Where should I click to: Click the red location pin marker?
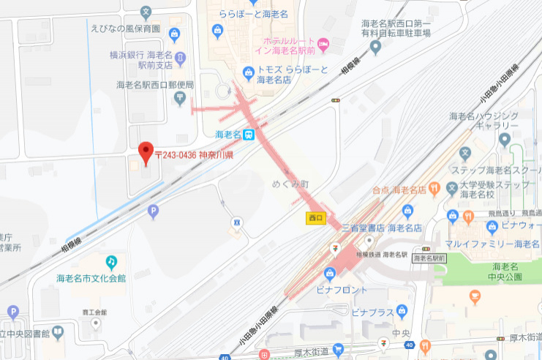pyautogui.click(x=146, y=151)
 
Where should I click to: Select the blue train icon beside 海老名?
pyautogui.click(x=249, y=135)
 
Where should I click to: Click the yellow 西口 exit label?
pyautogui.click(x=316, y=217)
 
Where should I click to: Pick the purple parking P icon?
pyautogui.click(x=153, y=212)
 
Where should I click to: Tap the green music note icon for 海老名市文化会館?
pyautogui.click(x=111, y=261)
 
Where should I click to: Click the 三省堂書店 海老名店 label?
pyautogui.click(x=381, y=228)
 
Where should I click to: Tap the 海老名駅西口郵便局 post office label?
pyautogui.click(x=155, y=85)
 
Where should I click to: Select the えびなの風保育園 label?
pyautogui.click(x=124, y=29)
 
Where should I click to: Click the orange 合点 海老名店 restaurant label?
pyautogui.click(x=399, y=190)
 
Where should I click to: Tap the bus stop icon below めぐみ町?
pyautogui.click(x=236, y=221)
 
